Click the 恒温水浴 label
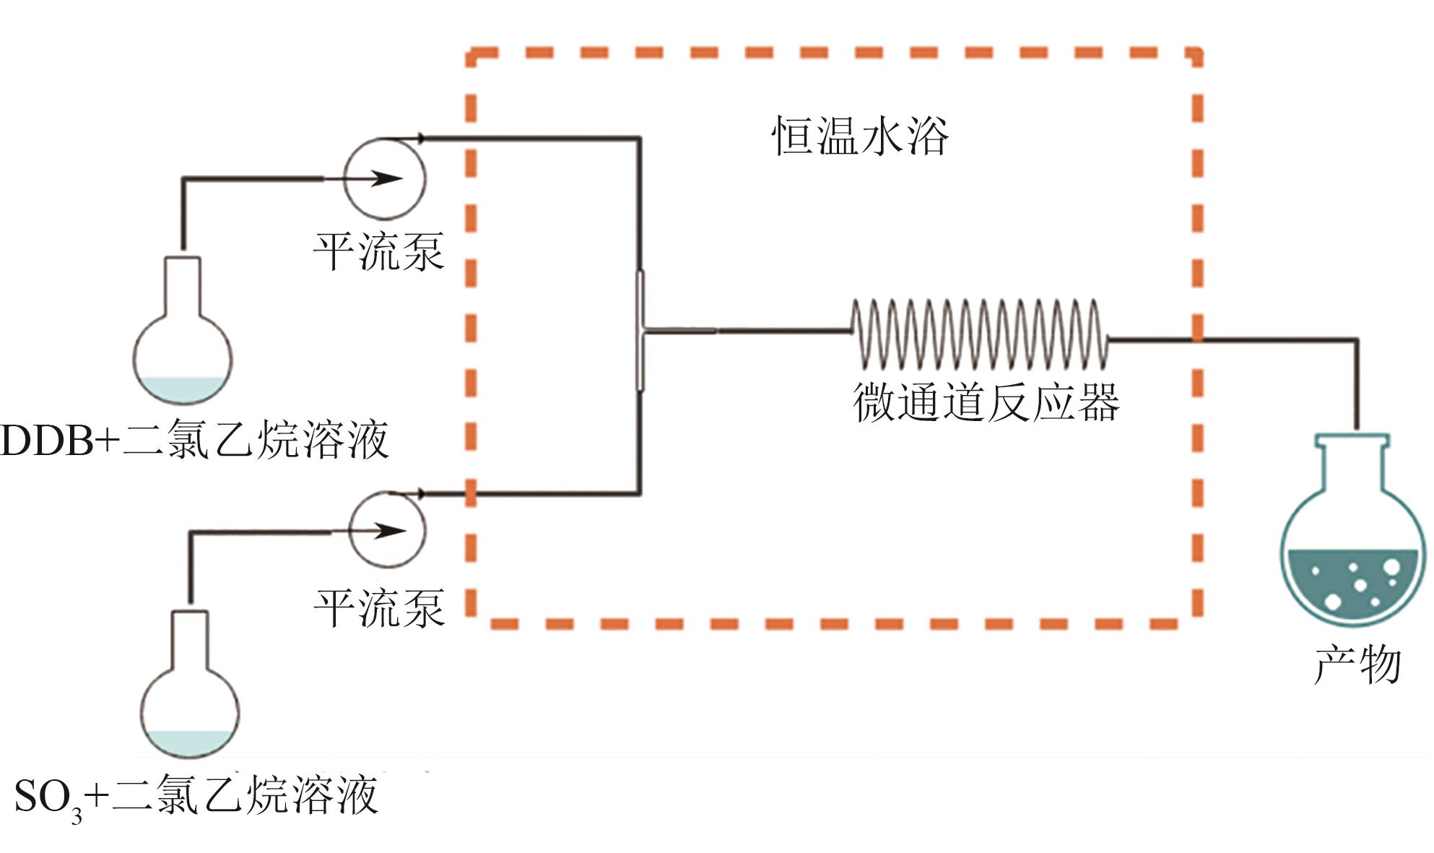pyautogui.click(x=859, y=135)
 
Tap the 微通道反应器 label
pyautogui.click(x=986, y=402)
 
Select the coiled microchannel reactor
pyautogui.click(x=978, y=334)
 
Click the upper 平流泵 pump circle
pyautogui.click(x=384, y=178)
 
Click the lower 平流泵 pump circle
pyautogui.click(x=388, y=530)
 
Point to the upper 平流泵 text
pyautogui.click(x=378, y=251)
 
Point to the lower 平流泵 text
pyautogui.click(x=379, y=607)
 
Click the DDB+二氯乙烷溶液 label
pyautogui.click(x=195, y=439)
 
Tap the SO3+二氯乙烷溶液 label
pyautogui.click(x=195, y=796)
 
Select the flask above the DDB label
pyautogui.click(x=183, y=339)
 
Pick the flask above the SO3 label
pyautogui.click(x=189, y=693)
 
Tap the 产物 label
pyautogui.click(x=1357, y=664)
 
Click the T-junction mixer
pyautogui.click(x=640, y=331)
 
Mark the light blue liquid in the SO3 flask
pyautogui.click(x=189, y=742)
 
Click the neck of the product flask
pyautogui.click(x=1352, y=462)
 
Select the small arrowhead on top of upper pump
pyautogui.click(x=421, y=137)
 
